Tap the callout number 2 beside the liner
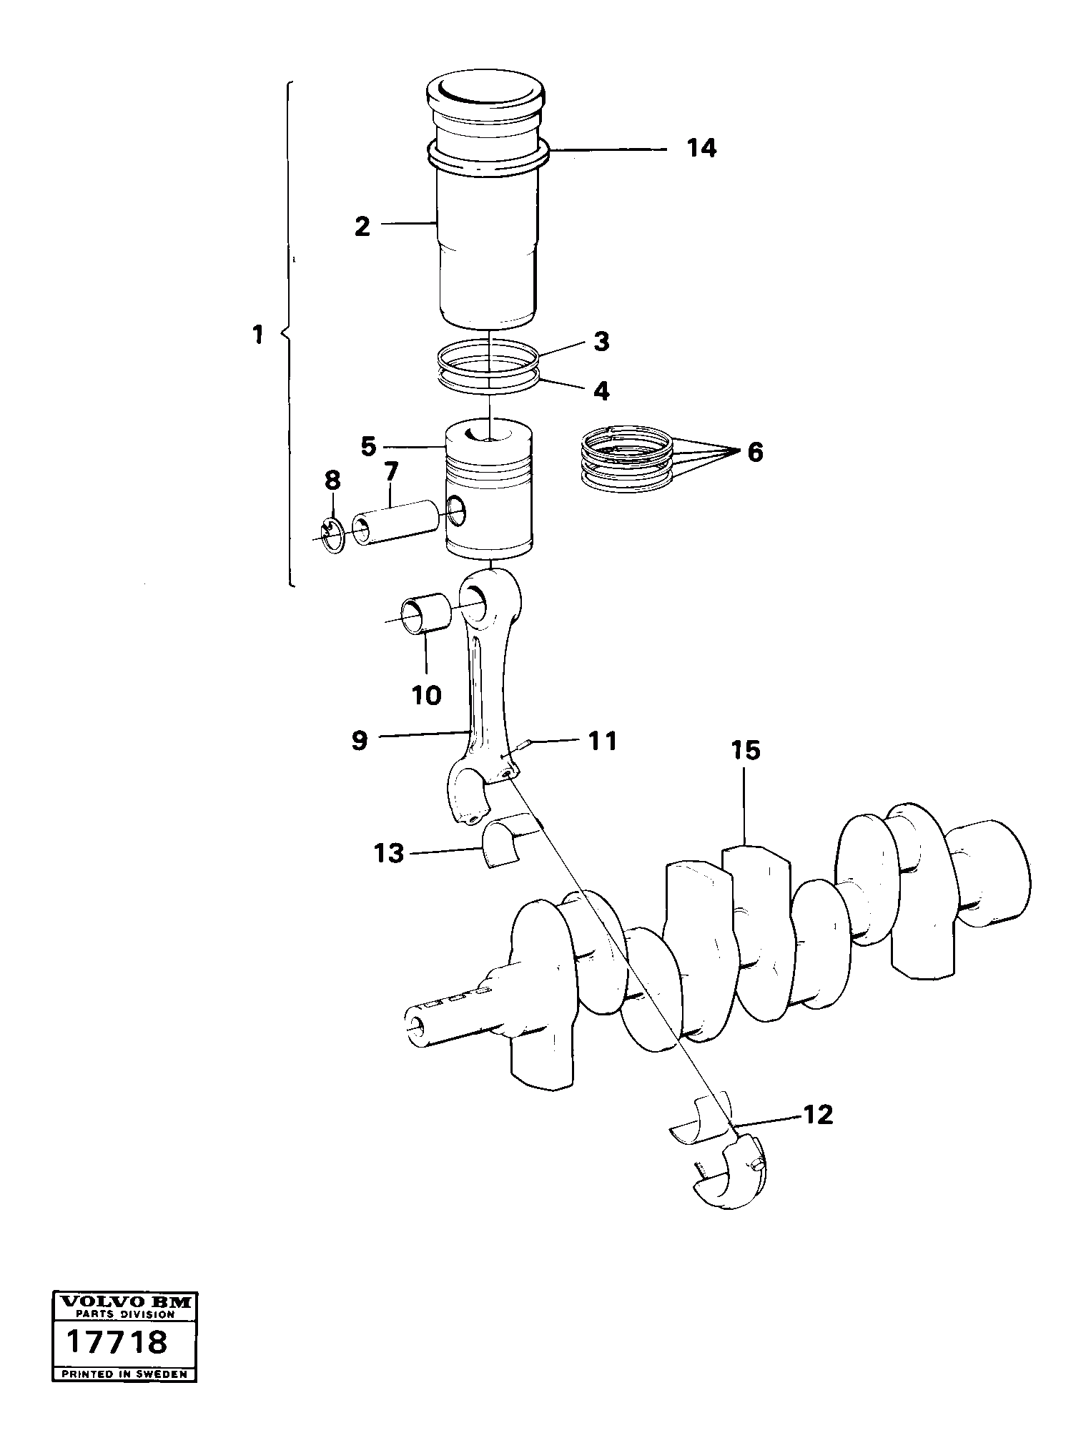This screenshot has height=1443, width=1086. point(362,227)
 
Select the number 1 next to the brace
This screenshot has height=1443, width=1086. point(258,335)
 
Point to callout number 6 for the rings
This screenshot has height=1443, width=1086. point(755,452)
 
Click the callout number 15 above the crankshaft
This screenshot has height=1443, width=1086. point(745,751)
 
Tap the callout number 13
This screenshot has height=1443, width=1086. point(390,853)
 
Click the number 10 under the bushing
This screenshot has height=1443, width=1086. point(427,694)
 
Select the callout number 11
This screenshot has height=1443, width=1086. point(602,741)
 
